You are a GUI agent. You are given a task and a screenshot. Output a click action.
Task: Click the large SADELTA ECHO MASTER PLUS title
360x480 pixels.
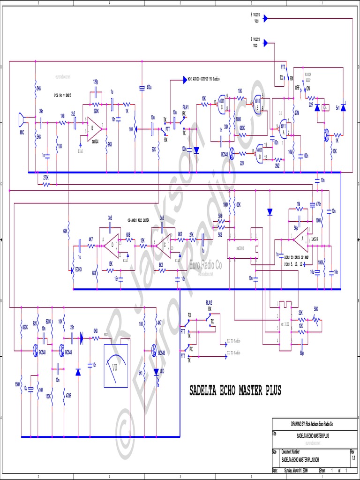point(235,390)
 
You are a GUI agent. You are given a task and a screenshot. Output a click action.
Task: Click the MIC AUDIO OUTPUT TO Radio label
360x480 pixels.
point(203,79)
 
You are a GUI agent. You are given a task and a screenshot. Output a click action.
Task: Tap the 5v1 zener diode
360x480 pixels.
point(343,108)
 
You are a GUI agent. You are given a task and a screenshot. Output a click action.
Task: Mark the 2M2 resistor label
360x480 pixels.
point(277,165)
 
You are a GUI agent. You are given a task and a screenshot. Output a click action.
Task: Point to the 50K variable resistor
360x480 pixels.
point(317,320)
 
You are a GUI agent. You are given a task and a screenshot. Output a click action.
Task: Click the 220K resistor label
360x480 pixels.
point(96,111)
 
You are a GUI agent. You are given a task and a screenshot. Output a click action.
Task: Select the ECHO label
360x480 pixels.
point(79,270)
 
